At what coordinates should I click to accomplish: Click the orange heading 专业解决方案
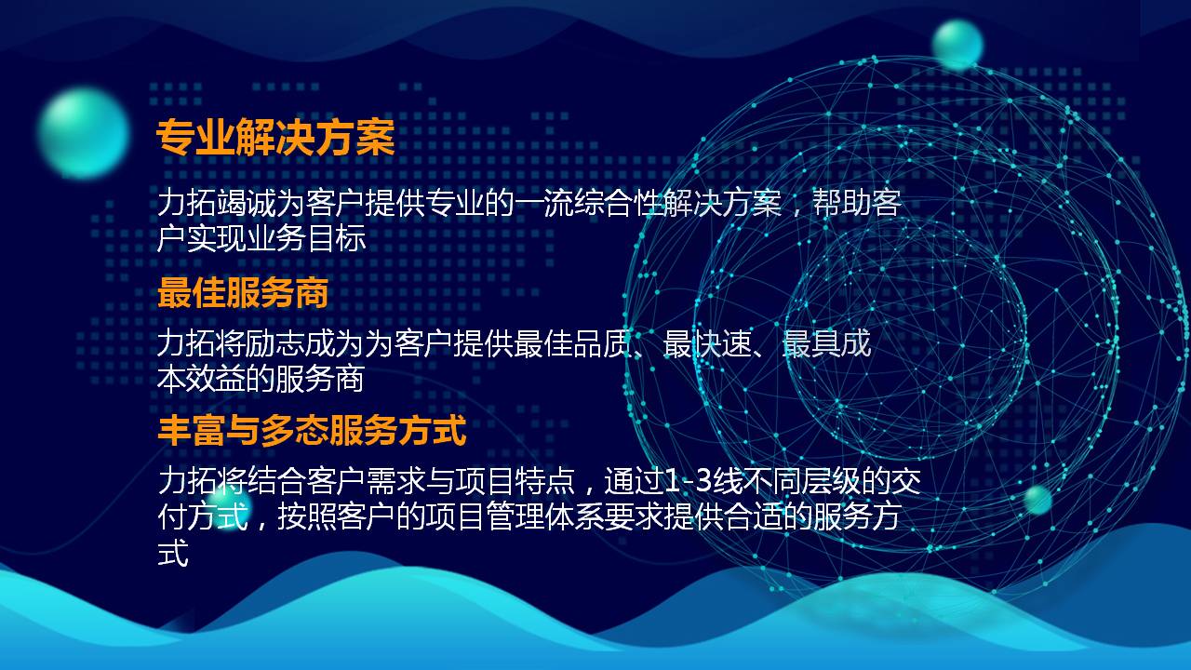(275, 137)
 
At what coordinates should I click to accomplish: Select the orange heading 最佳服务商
(243, 292)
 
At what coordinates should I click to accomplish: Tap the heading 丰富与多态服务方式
(312, 430)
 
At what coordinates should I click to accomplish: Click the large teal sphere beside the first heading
(84, 133)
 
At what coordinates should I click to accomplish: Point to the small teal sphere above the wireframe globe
(957, 46)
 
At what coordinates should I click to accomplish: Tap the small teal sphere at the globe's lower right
(1037, 500)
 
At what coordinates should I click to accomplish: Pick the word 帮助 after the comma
(842, 203)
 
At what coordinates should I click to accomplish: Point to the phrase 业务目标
(306, 237)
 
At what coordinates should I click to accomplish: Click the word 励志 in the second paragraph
(274, 343)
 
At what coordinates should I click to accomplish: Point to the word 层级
(831, 481)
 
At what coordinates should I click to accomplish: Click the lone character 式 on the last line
(173, 552)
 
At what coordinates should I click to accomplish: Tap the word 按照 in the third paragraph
(306, 516)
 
